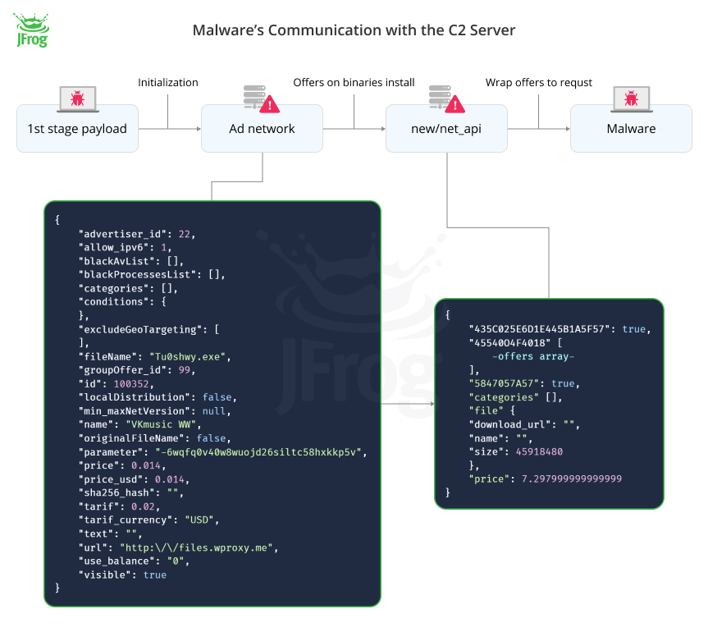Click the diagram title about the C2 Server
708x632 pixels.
coord(354,30)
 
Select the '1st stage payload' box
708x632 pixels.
coord(77,128)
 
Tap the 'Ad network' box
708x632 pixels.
coord(262,128)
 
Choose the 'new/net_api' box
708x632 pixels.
coord(446,128)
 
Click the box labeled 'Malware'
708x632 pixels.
coord(631,128)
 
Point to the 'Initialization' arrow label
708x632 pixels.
coord(167,83)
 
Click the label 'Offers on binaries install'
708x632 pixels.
coord(354,83)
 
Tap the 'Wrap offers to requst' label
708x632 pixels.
coord(538,83)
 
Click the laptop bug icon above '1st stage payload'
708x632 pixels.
coord(77,98)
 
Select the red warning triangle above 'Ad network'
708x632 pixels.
coord(269,104)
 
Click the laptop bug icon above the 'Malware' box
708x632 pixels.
coord(631,98)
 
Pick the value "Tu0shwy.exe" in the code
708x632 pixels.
coord(190,356)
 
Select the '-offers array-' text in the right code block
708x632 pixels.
coord(533,356)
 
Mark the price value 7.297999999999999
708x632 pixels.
coord(572,479)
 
